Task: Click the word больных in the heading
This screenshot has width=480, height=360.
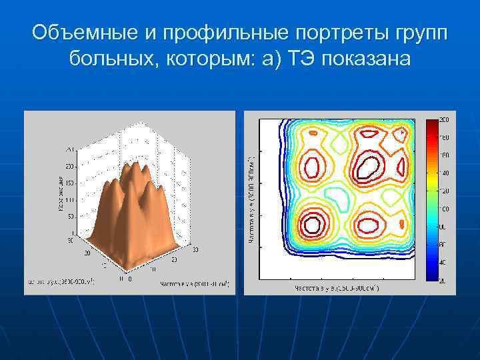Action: pyautogui.click(x=110, y=59)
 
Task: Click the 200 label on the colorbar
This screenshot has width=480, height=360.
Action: pyautogui.click(x=443, y=119)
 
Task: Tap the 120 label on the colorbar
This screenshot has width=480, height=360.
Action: pyautogui.click(x=443, y=191)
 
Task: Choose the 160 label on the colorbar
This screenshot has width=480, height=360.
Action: pyautogui.click(x=443, y=155)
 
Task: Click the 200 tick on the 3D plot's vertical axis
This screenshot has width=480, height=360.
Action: pyautogui.click(x=69, y=166)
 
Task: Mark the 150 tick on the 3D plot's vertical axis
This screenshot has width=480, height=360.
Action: pyautogui.click(x=69, y=183)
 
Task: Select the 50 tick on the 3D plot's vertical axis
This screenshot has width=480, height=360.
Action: pyautogui.click(x=71, y=217)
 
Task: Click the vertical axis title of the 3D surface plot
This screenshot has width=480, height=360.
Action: pyautogui.click(x=59, y=194)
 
